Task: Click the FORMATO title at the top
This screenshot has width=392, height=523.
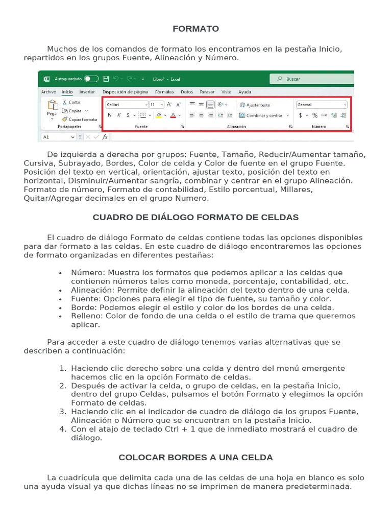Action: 195,29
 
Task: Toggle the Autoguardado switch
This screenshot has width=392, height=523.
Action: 91,79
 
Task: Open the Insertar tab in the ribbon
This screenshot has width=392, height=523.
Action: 87,92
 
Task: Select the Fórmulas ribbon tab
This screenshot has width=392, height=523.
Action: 164,92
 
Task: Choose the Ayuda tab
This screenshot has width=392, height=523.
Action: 245,92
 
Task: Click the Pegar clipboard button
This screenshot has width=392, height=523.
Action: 52,108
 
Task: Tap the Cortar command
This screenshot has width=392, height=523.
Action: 75,103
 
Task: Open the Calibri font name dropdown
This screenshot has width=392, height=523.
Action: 126,104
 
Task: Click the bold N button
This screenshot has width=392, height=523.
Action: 110,115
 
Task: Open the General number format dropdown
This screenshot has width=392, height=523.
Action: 322,104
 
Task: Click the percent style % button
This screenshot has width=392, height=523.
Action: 315,115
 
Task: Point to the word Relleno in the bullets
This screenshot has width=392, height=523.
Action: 85,316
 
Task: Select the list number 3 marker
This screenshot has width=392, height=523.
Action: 63,412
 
